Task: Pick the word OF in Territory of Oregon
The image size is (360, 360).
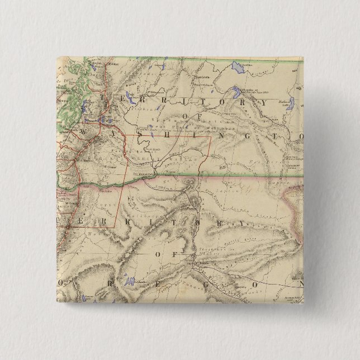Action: tap(162, 254)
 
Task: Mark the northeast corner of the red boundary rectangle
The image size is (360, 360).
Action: tap(211, 137)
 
